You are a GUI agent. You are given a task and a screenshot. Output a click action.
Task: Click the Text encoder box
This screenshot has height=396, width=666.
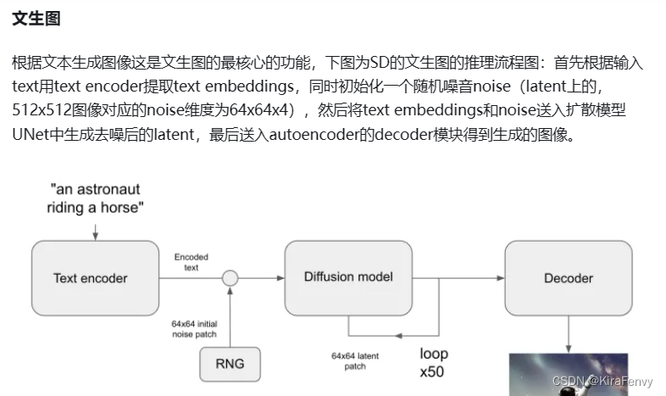[90, 277]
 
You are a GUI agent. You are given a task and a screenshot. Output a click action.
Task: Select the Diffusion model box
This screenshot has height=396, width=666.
[347, 277]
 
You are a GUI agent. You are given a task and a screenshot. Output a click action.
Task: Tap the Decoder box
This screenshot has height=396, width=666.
[568, 278]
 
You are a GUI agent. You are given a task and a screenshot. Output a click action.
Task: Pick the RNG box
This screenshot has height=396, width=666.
[230, 364]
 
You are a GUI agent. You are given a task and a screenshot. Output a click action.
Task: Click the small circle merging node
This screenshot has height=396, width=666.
[230, 277]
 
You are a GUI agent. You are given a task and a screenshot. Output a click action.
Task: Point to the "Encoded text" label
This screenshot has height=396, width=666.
[191, 261]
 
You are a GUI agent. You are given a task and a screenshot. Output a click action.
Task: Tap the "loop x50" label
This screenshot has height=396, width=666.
[434, 363]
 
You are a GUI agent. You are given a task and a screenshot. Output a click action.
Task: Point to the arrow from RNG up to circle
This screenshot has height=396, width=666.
[230, 318]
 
